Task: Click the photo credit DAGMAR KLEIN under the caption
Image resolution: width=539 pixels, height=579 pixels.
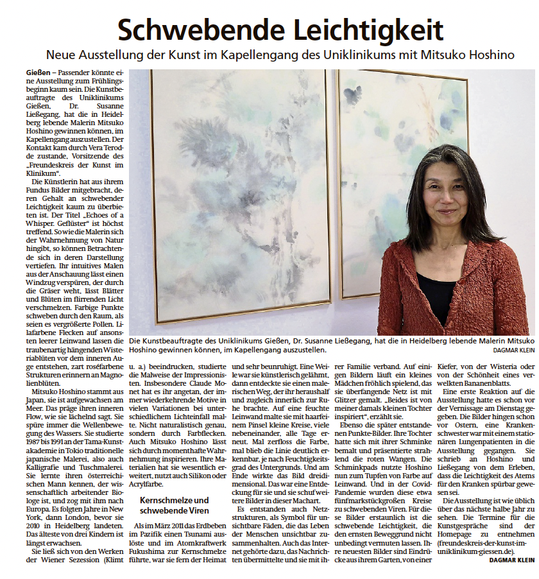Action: (513, 350)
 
